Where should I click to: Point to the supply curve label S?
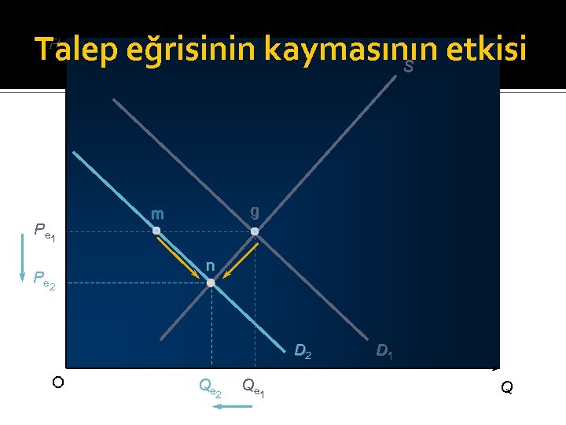(408, 68)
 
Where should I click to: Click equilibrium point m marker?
(156, 231)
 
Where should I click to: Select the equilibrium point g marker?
(255, 231)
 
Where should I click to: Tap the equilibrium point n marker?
(211, 282)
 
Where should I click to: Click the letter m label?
(157, 214)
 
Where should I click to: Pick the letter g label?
(255, 212)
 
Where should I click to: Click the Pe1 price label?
(44, 231)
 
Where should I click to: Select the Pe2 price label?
(44, 280)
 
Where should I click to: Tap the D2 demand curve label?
(303, 351)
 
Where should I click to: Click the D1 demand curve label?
(385, 351)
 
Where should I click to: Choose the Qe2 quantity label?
(210, 386)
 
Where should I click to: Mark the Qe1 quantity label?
(253, 386)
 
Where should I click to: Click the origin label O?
(57, 382)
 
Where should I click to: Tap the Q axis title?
(506, 387)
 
